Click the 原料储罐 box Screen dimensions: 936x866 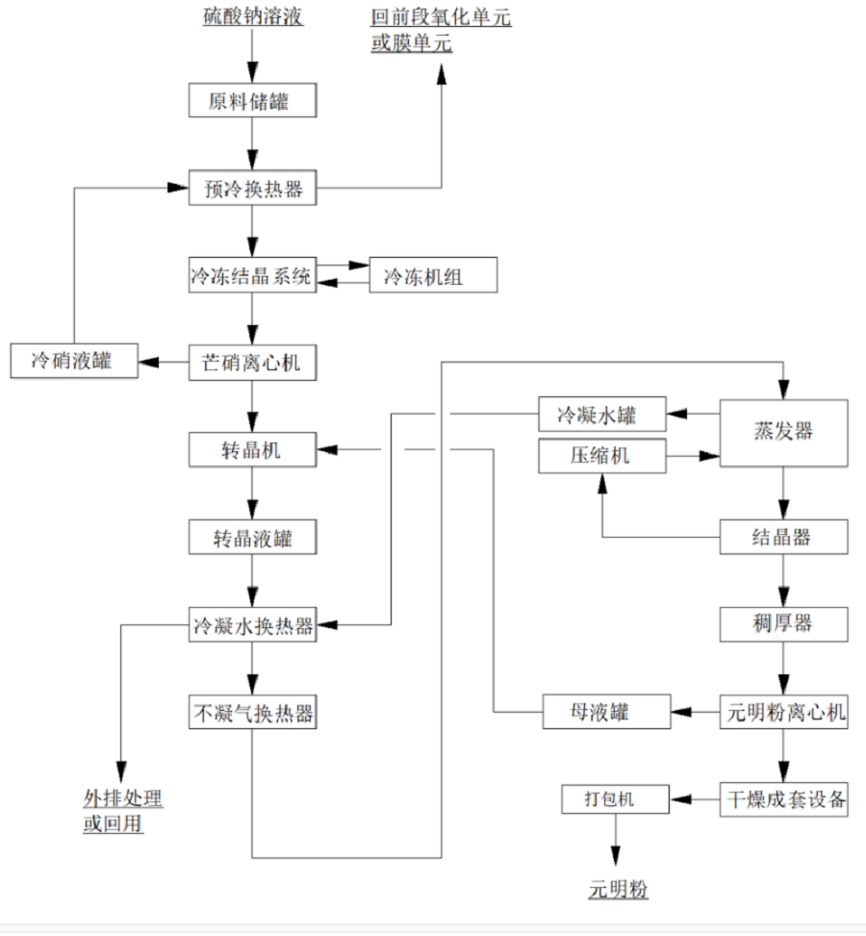[252, 100]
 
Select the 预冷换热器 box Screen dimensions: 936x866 [252, 188]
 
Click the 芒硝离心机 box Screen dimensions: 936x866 [252, 362]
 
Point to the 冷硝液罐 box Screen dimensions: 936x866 [73, 362]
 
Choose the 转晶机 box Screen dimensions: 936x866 [252, 449]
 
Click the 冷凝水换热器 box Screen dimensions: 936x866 [252, 625]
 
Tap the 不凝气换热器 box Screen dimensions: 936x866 [252, 713]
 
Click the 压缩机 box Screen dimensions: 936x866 [602, 456]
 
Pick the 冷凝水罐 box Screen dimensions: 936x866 [602, 415]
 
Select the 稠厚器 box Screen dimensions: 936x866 [784, 624]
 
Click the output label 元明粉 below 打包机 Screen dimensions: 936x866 [619, 890]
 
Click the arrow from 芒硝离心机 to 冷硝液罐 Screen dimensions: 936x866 [164, 362]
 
